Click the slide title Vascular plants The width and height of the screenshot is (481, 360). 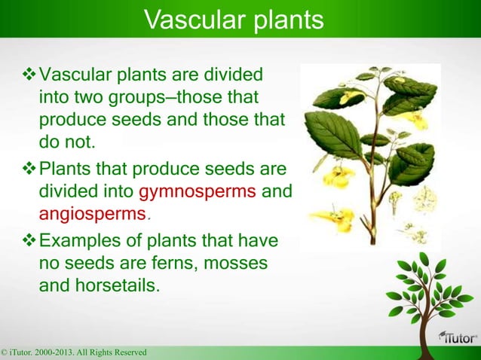coord(233,20)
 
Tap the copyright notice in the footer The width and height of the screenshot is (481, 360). coord(74,352)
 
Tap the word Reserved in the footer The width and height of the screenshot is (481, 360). coord(127,352)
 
